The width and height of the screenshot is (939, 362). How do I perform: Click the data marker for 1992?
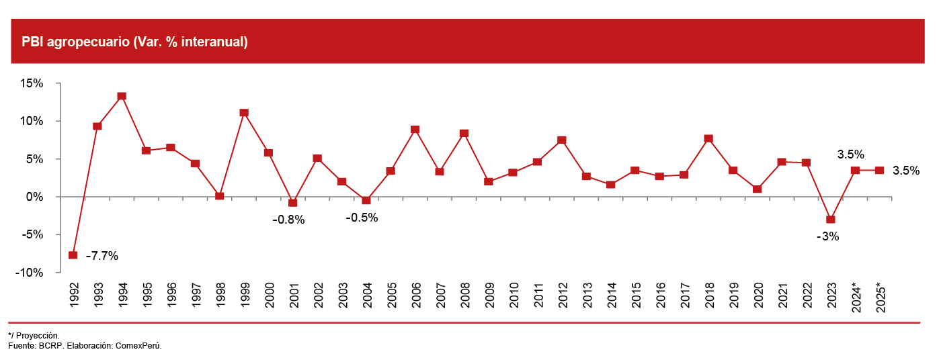[73, 255]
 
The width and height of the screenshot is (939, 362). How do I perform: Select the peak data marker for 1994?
[122, 96]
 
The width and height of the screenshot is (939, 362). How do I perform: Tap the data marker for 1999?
[244, 113]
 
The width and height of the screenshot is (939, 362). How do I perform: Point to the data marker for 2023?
[831, 220]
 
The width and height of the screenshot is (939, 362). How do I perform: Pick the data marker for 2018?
[708, 139]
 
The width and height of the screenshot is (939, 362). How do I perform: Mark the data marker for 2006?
[415, 130]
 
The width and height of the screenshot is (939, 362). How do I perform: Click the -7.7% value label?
[102, 256]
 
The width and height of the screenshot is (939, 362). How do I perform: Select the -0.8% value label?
[288, 220]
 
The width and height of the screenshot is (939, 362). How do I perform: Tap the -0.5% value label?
[362, 218]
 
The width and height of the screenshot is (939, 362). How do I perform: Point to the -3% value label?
[827, 236]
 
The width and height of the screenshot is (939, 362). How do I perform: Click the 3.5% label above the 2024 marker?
[850, 154]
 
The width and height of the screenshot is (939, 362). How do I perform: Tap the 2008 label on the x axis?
[464, 296]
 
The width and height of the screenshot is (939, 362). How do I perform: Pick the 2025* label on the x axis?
[880, 296]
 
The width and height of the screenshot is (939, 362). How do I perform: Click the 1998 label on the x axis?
[220, 296]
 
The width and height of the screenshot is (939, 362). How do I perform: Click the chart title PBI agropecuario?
[134, 42]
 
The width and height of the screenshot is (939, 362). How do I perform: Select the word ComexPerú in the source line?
[139, 345]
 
